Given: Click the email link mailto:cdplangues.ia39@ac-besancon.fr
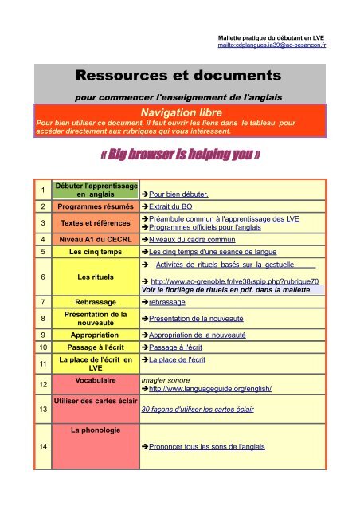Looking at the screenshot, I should point(276,45).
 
